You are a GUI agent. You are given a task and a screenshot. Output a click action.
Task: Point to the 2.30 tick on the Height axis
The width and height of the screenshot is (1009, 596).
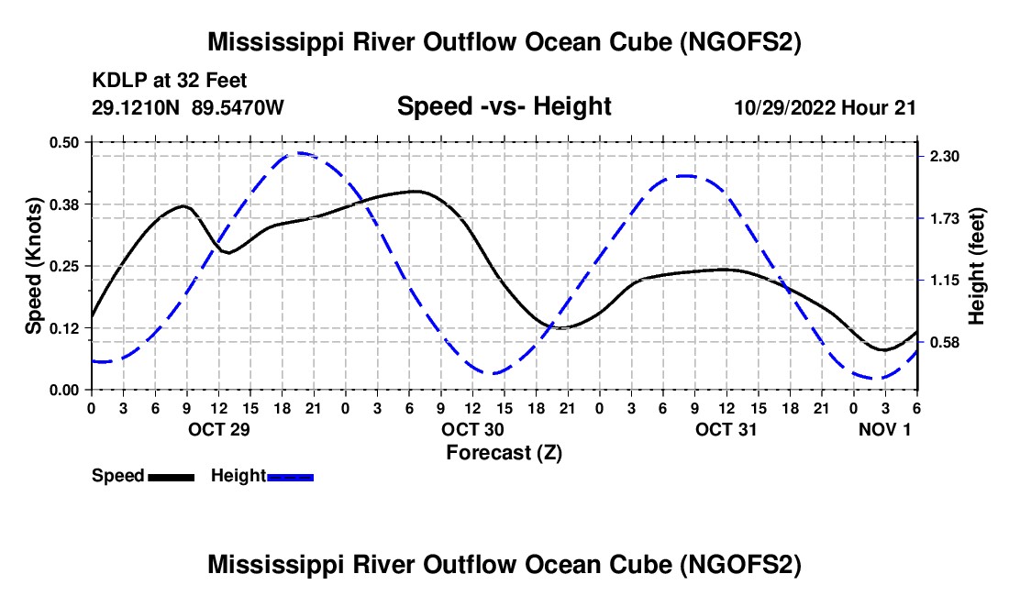(944, 157)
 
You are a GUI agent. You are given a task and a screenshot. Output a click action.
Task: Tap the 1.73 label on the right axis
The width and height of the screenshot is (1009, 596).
(944, 219)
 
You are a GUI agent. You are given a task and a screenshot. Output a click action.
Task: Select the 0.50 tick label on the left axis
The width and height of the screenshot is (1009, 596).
(63, 143)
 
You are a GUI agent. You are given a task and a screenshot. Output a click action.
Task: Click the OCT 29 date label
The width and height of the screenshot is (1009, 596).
(219, 429)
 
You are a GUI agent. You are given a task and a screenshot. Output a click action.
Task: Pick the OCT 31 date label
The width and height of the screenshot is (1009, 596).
(726, 429)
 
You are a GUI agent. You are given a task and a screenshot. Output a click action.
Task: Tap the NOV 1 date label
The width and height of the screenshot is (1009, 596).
(885, 429)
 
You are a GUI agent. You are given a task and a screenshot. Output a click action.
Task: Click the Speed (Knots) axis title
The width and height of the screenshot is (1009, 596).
(33, 266)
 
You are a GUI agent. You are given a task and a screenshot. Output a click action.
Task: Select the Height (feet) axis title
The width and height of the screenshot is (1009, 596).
(976, 266)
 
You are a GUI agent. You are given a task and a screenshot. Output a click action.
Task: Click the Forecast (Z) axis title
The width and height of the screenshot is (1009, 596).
(504, 453)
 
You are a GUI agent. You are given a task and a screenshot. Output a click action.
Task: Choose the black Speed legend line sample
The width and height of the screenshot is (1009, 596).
(172, 478)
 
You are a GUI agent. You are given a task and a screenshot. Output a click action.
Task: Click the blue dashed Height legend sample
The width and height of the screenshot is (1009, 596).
(290, 478)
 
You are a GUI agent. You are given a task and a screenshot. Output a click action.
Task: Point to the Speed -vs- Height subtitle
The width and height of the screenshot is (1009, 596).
(504, 106)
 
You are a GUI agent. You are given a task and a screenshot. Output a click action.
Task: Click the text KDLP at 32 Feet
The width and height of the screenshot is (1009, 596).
(170, 81)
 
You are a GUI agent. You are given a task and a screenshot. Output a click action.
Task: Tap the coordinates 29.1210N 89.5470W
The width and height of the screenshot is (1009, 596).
(187, 107)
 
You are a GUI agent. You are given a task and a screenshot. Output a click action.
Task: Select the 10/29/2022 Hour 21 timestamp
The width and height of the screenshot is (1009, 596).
(825, 107)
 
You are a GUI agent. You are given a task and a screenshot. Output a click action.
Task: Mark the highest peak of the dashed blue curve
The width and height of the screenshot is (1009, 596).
(299, 153)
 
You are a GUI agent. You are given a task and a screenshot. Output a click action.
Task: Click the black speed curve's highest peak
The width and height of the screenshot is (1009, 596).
(417, 191)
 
